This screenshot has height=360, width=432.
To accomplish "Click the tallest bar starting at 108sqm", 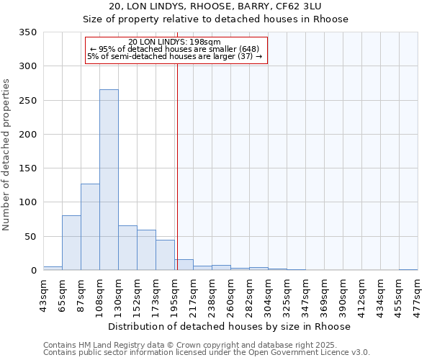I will tap(109, 180).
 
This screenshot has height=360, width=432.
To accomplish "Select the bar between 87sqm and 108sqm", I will tap(90, 227).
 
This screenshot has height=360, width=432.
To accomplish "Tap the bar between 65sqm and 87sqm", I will tap(71, 243).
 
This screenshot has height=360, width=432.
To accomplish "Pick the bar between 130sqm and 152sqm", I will tap(127, 248).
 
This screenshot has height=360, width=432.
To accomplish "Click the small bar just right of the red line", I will tap(184, 265).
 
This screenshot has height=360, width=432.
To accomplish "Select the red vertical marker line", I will tap(176, 166).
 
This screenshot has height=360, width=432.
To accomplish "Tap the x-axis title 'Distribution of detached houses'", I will tap(230, 326).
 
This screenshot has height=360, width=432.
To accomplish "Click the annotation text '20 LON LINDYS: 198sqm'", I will tap(175, 42).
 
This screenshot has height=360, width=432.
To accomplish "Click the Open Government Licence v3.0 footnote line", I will tap(207, 353).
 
